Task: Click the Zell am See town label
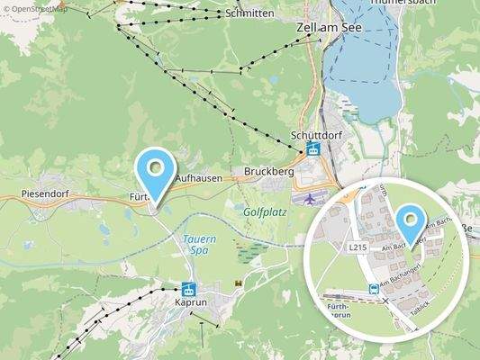(331, 28)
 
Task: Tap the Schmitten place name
(250, 14)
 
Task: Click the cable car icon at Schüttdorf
(312, 149)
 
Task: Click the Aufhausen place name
(198, 179)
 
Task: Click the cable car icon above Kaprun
(189, 290)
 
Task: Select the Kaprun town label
(191, 303)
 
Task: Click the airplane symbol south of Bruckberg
(311, 198)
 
